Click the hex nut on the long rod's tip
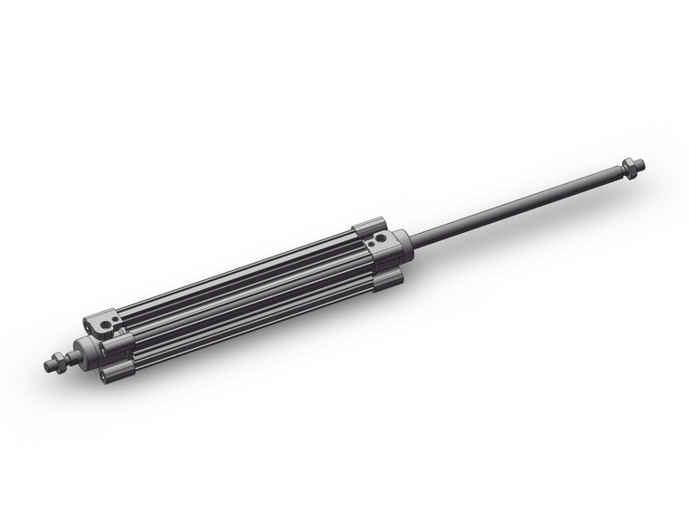627,167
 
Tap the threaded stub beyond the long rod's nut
639,164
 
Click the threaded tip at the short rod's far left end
49,366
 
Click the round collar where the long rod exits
403,243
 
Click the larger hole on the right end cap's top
380,238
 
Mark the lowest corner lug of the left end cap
117,372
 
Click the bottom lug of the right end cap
388,279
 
